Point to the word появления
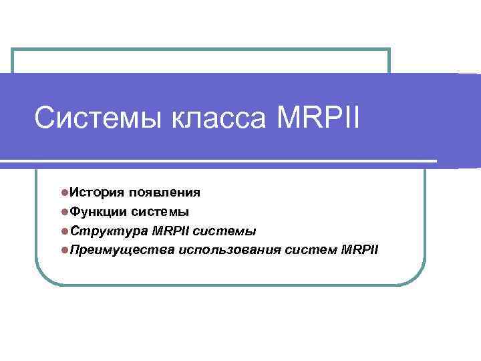click(x=164, y=193)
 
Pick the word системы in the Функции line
click(x=160, y=212)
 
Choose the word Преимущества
click(x=122, y=251)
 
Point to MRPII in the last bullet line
click(x=359, y=251)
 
